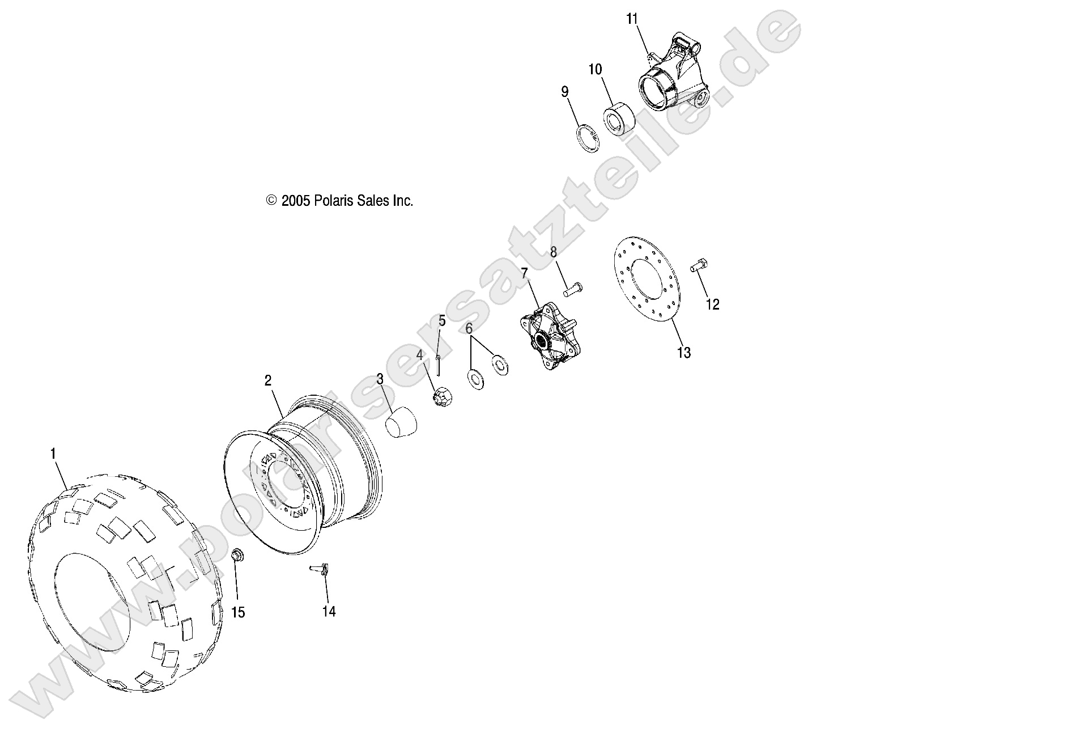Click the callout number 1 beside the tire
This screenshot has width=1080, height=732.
click(53, 453)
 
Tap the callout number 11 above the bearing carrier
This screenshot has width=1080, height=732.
click(632, 19)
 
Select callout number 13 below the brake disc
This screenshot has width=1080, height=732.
click(684, 353)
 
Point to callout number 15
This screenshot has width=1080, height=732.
click(239, 612)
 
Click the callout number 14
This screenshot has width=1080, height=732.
click(329, 611)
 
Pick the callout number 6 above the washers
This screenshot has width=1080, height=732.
click(469, 329)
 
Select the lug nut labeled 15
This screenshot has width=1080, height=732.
click(238, 556)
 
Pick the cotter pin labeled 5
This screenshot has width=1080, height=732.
click(439, 366)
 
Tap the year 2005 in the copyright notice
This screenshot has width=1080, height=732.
click(295, 201)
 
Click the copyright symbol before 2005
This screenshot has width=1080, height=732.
click(271, 201)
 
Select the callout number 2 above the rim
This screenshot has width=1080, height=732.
click(268, 380)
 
